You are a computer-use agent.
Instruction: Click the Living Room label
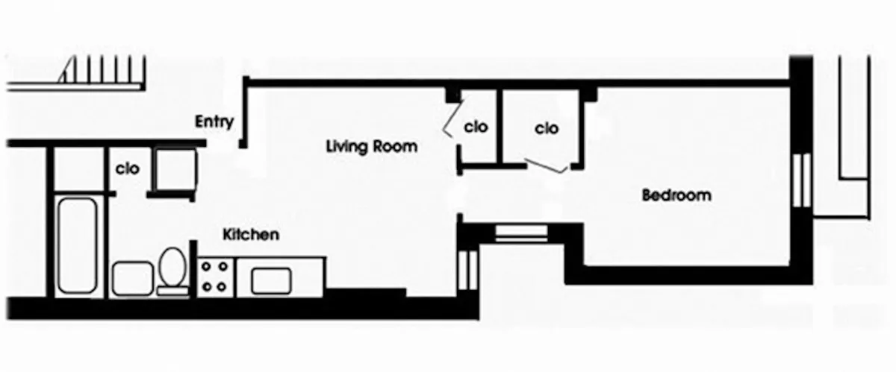[x=371, y=146]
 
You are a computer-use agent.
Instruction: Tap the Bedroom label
[x=676, y=196]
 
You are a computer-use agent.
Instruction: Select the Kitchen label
[x=252, y=235]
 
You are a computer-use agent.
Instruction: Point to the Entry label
[x=214, y=122]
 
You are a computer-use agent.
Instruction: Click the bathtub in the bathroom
[x=76, y=244]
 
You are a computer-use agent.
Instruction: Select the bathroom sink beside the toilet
[x=132, y=278]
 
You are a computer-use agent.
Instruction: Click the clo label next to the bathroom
[x=128, y=169]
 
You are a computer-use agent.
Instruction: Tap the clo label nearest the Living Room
[x=476, y=127]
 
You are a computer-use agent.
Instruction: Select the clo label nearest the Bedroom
[x=547, y=128]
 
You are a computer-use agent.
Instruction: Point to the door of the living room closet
[x=450, y=121]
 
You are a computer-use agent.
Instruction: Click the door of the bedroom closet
[x=545, y=166]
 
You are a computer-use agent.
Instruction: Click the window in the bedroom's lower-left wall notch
[x=521, y=231]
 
